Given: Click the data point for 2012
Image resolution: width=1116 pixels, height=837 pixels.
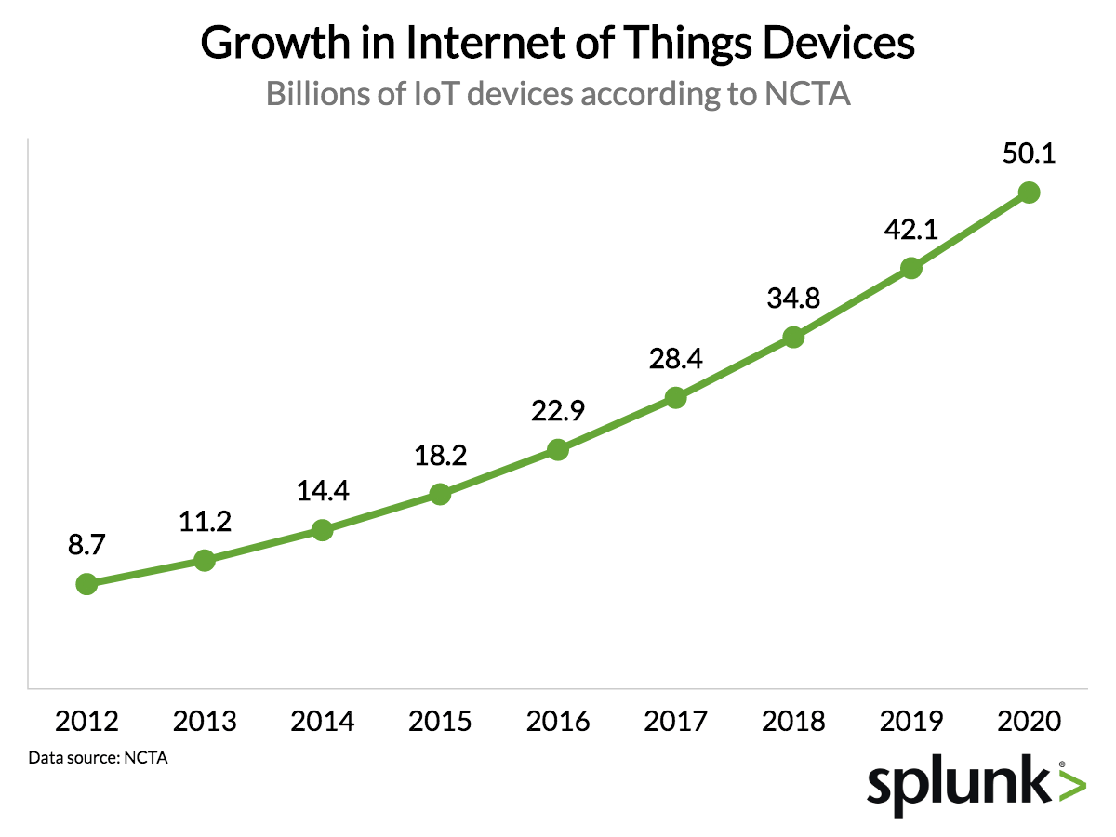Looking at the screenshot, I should (x=86, y=584).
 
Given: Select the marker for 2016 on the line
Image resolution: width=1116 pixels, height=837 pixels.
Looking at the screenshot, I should (x=558, y=450).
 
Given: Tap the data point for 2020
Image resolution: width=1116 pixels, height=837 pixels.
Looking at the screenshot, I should (x=1029, y=193).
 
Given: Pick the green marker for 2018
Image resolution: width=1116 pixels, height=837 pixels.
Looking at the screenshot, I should (x=793, y=338).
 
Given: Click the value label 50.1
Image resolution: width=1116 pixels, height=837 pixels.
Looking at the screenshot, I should (x=1029, y=153).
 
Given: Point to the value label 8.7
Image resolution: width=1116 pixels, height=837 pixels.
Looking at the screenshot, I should (x=86, y=546).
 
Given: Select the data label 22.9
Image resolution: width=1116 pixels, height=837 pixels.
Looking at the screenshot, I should (x=558, y=411).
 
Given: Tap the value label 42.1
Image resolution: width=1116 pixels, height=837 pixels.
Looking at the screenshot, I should (x=911, y=230).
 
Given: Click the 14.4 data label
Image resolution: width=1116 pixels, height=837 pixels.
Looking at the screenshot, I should (x=323, y=491).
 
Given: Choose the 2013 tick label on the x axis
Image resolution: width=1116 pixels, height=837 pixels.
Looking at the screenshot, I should (x=205, y=722).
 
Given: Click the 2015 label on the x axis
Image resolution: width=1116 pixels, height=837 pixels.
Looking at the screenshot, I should (x=440, y=722).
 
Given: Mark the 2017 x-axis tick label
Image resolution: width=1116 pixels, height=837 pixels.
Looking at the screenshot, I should (x=675, y=722).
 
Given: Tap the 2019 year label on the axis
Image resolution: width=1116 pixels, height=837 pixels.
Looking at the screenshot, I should (x=911, y=722).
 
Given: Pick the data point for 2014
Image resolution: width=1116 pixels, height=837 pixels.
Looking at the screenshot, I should (x=323, y=531).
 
